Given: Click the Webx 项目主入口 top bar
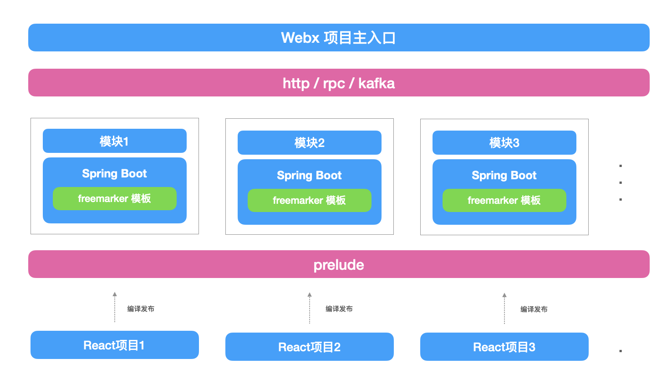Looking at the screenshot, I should click(x=339, y=38).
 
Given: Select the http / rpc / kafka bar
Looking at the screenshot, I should click(x=339, y=83).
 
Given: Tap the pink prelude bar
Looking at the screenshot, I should click(x=339, y=264).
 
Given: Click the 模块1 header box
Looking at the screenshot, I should click(x=114, y=141).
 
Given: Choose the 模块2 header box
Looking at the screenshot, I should click(x=309, y=143).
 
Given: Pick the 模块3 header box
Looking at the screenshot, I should click(x=504, y=143).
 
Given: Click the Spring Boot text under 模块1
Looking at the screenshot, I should click(x=114, y=173).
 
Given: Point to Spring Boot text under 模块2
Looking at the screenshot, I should click(x=309, y=175).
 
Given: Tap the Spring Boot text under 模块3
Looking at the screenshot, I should click(x=504, y=175).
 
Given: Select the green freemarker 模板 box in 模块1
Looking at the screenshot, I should click(x=114, y=198).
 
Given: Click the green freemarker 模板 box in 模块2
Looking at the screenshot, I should click(x=309, y=200).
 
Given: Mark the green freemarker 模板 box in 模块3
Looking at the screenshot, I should click(x=504, y=200).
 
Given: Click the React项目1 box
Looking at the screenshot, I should click(x=114, y=345).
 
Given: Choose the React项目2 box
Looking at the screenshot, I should click(x=309, y=347).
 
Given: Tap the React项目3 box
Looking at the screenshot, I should click(x=504, y=347).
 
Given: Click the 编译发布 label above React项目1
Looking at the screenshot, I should click(x=141, y=309).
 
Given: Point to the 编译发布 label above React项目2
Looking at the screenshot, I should click(x=339, y=309).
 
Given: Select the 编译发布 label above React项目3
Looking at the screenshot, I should click(x=534, y=309).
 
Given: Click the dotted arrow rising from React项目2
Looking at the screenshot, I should click(x=310, y=308).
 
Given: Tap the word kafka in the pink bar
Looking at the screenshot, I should click(x=377, y=83).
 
